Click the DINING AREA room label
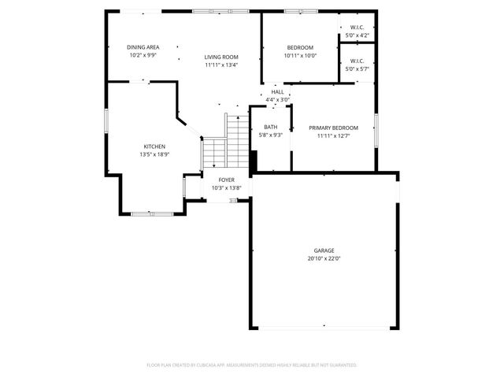[x=143, y=47]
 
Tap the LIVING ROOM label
[x=221, y=57]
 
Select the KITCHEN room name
[x=154, y=146]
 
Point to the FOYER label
[x=227, y=180]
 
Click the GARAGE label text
[x=324, y=250]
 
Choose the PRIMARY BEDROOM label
[x=333, y=128]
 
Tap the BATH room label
[x=270, y=127]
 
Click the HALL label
[x=277, y=92]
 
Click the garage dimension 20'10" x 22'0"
[x=324, y=258]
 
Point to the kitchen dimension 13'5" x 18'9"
[x=154, y=154]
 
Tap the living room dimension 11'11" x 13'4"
[x=221, y=65]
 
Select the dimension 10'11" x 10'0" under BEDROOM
[x=299, y=56]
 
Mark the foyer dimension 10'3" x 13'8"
[x=227, y=187]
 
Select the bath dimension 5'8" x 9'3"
[x=270, y=135]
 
